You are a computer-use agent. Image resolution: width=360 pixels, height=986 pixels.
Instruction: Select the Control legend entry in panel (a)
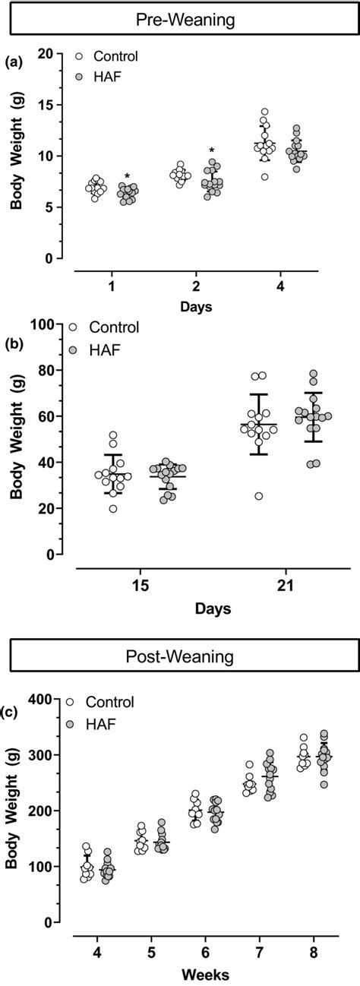tap(106, 55)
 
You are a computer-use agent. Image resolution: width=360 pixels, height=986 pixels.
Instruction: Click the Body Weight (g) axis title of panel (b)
tap(16, 439)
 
